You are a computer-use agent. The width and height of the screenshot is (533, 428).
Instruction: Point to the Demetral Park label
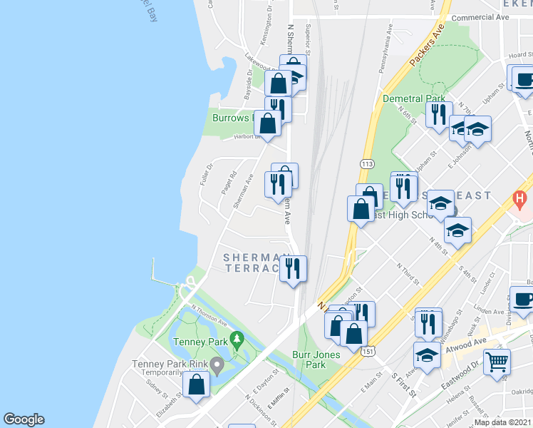(x=413, y=98)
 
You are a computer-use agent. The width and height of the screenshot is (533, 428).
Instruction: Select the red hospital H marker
(x=521, y=197)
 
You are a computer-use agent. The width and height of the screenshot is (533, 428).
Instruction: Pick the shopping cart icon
(x=497, y=361)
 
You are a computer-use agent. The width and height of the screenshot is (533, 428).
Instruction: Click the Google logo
(x=24, y=419)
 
